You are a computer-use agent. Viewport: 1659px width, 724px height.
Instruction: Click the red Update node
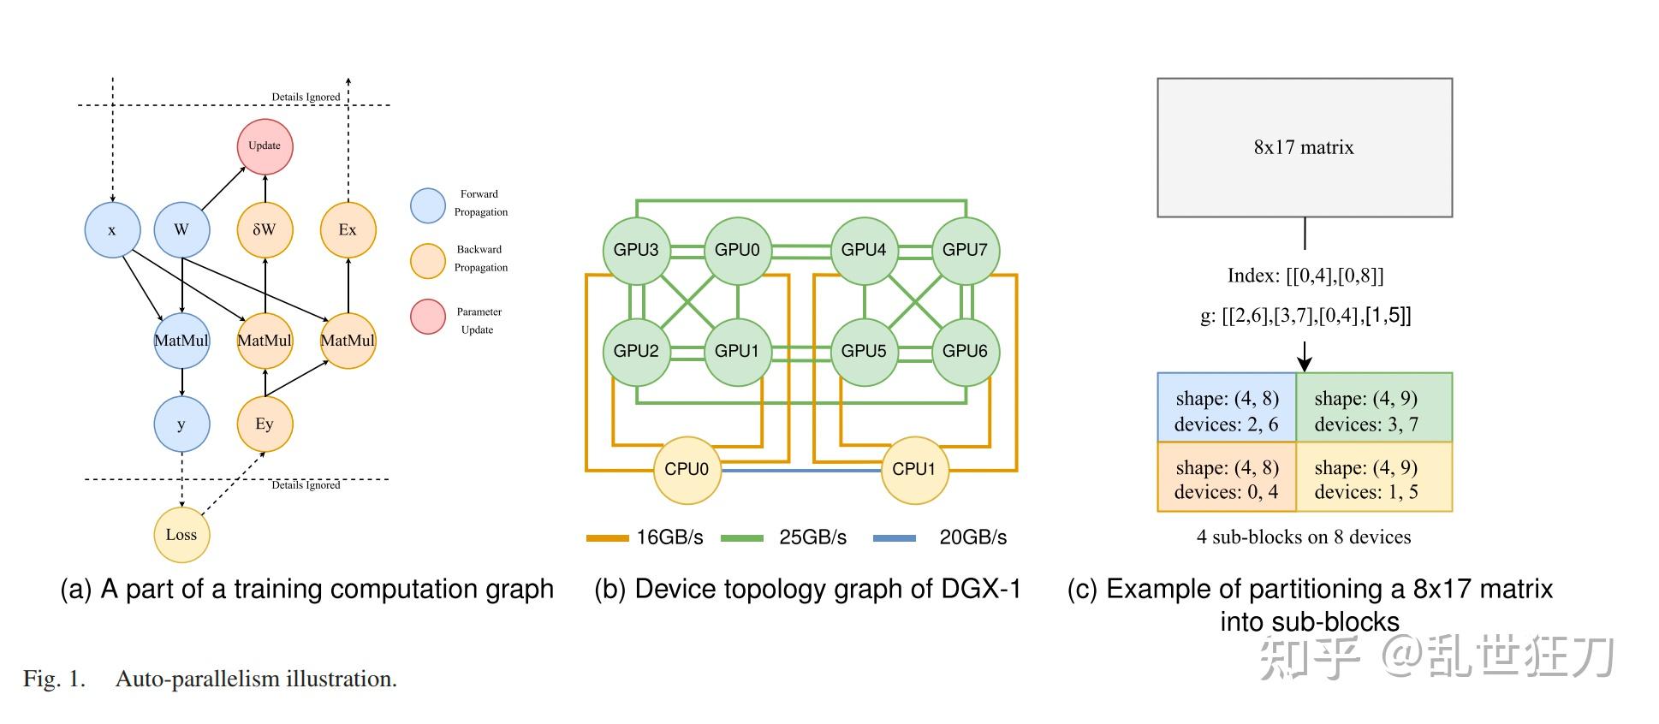coord(265,146)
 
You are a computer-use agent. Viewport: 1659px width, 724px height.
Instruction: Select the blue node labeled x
coord(112,230)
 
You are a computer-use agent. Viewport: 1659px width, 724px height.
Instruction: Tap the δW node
coord(265,230)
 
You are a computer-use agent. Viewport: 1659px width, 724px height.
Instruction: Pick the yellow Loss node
coord(181,535)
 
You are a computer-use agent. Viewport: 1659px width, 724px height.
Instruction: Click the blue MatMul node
coord(181,341)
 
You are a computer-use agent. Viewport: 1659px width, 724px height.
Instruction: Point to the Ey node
coord(265,424)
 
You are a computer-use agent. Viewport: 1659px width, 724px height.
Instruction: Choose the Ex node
coord(348,230)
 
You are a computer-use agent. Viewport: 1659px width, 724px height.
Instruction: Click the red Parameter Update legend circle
coord(428,317)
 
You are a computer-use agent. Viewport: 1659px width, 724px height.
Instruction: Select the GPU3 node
coord(636,250)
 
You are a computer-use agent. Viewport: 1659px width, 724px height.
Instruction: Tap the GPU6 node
coord(966,351)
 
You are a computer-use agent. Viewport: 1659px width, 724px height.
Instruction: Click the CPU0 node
coord(687,470)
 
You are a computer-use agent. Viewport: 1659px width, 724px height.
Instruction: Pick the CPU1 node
coord(914,470)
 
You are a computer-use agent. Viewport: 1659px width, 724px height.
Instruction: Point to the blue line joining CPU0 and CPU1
coord(800,470)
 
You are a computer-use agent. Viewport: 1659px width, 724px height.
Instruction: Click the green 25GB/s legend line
coord(741,538)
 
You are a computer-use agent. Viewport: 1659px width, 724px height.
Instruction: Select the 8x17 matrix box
coord(1305,148)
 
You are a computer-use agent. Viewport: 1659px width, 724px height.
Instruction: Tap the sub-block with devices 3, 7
coord(1374,407)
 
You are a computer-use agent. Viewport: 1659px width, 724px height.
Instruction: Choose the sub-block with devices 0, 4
coord(1227,477)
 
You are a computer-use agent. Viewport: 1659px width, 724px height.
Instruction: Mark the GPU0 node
coord(737,250)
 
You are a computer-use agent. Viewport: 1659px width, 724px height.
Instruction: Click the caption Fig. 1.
coord(55,679)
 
